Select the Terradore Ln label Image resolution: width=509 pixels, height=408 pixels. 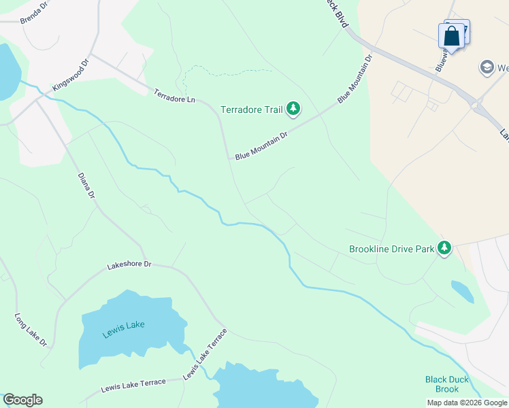[174, 96]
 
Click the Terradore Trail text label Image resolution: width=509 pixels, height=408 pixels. [251, 109]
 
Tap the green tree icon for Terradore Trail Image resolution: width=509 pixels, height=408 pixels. [293, 108]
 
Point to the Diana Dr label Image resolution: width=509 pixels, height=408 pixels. [86, 186]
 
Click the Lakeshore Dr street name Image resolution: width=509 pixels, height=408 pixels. [129, 265]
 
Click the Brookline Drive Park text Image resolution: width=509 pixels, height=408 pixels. [391, 249]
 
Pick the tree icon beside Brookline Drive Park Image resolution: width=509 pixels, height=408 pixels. [444, 248]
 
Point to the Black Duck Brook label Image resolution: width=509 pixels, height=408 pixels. [442, 384]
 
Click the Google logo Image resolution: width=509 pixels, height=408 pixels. [22, 400]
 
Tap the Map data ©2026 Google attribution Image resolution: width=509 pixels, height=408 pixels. [467, 403]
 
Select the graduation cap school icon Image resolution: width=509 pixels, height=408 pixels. [487, 67]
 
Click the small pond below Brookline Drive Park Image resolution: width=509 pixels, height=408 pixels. [463, 291]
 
